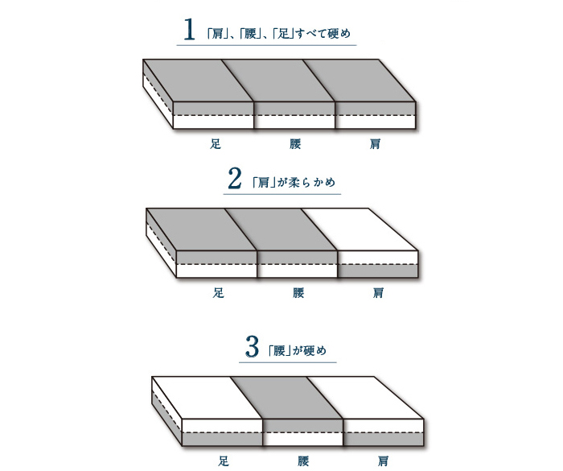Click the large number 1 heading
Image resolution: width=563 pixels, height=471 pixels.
coord(190,31)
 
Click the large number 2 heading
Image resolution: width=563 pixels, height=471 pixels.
coord(235,179)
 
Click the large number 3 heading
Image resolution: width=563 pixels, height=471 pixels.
coord(252,349)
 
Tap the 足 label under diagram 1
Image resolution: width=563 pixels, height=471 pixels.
coord(216,145)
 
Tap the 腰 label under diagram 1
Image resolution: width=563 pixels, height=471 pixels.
coord(296,145)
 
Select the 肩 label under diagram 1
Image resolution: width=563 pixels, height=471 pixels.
coord(376,145)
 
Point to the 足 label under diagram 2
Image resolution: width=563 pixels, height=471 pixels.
coord(218,293)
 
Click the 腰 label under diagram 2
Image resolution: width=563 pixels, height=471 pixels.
coord(298,293)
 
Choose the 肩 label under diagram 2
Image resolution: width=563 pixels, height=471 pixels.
coord(378,293)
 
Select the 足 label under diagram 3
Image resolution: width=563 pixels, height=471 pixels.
coord(224,461)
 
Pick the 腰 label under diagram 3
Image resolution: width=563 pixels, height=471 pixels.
coord(303,461)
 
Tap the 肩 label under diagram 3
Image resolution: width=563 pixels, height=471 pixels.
coord(384,461)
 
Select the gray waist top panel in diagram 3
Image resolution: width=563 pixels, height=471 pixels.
coord(286,398)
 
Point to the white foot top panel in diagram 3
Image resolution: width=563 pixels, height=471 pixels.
coord(207,398)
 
